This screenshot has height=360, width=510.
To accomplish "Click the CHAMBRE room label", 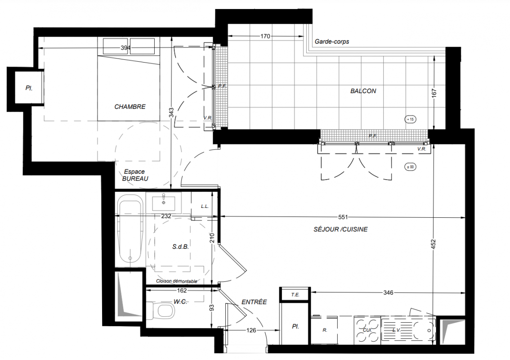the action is tap(130, 107).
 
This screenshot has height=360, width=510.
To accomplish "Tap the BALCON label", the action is tap(363, 91).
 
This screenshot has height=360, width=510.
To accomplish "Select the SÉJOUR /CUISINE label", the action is tap(340, 229).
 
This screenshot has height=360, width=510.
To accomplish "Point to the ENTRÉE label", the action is tap(254, 302).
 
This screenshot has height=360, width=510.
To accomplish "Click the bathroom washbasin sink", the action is tap(164, 203).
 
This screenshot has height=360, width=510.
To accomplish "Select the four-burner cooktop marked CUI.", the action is tap(367, 330).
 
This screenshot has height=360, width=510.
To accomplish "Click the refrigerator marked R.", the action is tap(324, 330).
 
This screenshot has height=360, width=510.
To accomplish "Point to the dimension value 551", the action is tap(343, 217).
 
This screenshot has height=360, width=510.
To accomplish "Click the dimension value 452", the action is tap(433, 244).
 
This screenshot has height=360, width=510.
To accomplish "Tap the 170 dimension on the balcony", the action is tap(265, 36).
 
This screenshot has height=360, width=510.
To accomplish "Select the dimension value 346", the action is tap(388, 292).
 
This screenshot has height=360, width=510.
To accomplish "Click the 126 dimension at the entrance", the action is tap(251, 330).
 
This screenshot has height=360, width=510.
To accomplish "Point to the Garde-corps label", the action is tap(332, 42).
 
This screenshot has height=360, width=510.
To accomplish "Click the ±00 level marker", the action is tap(411, 167).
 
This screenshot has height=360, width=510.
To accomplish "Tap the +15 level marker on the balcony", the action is tap(411, 119).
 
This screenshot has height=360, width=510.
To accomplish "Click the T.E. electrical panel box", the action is tap(295, 295).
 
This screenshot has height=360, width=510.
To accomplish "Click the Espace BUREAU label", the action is tap(135, 175).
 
